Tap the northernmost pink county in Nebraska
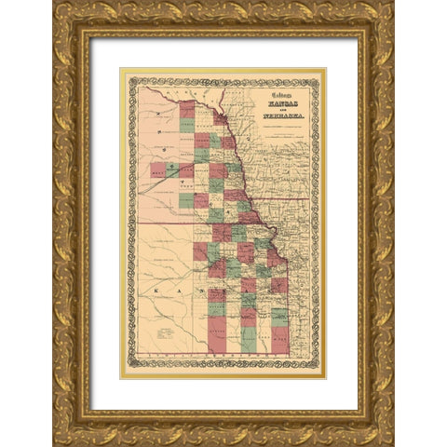point(187,109)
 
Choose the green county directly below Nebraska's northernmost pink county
point(187,125)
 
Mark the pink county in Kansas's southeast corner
point(280,341)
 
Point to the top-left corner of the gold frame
point(54,4)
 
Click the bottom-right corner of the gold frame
point(392,443)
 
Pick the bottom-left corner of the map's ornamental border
point(128,369)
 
